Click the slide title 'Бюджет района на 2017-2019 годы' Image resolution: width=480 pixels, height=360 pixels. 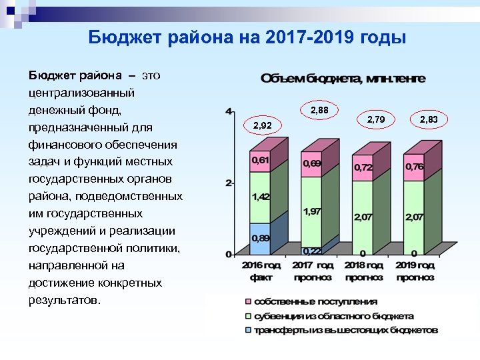247,38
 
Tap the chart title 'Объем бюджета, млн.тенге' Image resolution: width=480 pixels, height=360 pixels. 343,79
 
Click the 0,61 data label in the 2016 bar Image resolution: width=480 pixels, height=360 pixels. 260,161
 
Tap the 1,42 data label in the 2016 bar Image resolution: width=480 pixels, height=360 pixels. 260,197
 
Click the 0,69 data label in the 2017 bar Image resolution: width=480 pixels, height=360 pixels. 312,163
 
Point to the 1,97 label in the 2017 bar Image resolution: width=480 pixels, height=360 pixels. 312,211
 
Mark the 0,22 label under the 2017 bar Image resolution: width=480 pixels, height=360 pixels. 311,251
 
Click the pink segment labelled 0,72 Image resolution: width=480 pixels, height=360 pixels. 363,167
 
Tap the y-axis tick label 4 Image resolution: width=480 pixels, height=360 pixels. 229,111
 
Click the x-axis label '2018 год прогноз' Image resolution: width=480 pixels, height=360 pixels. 364,271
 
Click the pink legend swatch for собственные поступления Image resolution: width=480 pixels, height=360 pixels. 248,302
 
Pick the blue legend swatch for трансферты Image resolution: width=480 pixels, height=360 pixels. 248,330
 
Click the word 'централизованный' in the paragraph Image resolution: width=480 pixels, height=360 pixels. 82,92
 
